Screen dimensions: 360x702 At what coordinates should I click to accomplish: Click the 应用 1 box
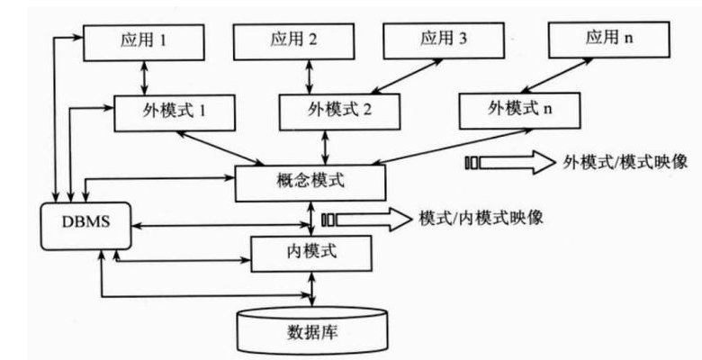(146, 41)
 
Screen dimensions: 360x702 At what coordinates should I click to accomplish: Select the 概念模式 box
(310, 183)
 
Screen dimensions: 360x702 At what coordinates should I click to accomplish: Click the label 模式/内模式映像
(480, 219)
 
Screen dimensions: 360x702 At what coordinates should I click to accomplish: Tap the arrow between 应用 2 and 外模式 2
(310, 76)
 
